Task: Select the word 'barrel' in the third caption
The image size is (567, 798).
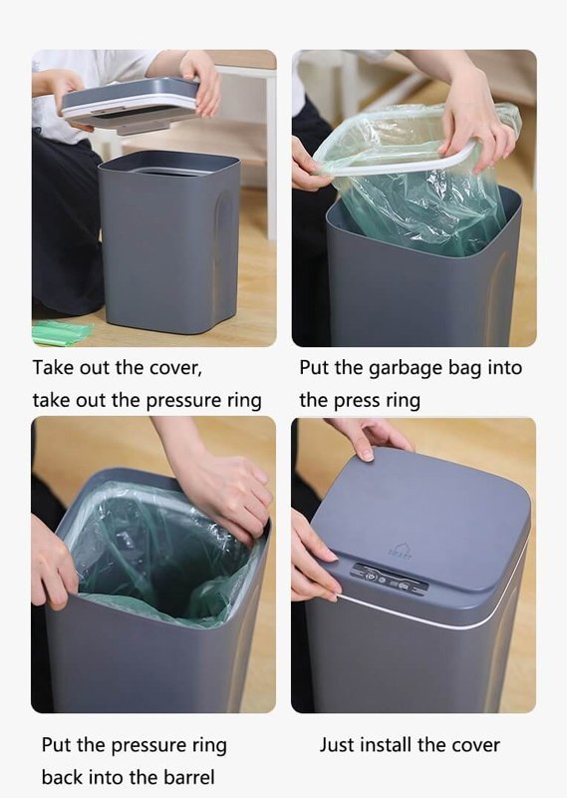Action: tap(188, 777)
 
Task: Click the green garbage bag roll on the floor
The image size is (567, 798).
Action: tap(62, 332)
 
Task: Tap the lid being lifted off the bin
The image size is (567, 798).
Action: tap(130, 105)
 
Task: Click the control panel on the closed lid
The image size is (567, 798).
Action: tap(389, 579)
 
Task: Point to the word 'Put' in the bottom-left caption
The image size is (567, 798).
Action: tap(56, 744)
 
